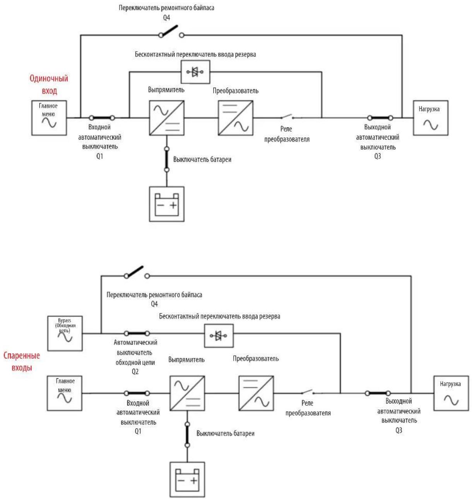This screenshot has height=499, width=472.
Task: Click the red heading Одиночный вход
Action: click(x=49, y=84)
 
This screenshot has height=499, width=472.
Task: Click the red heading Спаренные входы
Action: click(x=22, y=361)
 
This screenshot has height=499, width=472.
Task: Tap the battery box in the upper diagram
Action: click(x=167, y=204)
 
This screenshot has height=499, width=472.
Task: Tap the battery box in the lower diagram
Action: click(x=187, y=479)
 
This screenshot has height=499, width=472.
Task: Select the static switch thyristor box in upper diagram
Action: click(x=195, y=72)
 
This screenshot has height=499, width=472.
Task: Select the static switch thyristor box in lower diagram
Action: click(x=219, y=335)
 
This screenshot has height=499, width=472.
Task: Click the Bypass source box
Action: click(x=65, y=333)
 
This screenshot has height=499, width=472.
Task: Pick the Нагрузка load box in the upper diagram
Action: click(x=430, y=118)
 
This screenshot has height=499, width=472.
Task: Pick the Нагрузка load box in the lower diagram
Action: click(x=451, y=393)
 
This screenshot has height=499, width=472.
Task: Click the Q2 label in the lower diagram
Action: click(x=135, y=372)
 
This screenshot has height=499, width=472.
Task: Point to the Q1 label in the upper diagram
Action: click(x=99, y=156)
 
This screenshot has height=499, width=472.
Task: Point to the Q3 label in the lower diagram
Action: click(x=398, y=430)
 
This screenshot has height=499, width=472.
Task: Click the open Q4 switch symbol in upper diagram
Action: click(x=171, y=32)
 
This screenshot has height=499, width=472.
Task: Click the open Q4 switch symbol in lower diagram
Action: click(x=137, y=273)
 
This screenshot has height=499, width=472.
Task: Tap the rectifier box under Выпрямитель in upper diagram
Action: click(x=167, y=118)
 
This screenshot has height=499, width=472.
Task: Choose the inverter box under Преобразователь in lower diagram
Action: click(x=256, y=393)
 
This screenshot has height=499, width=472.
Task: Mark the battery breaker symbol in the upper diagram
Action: click(x=167, y=159)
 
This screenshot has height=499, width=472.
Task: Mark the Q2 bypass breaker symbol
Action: click(x=137, y=333)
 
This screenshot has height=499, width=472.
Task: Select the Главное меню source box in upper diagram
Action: click(x=49, y=118)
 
